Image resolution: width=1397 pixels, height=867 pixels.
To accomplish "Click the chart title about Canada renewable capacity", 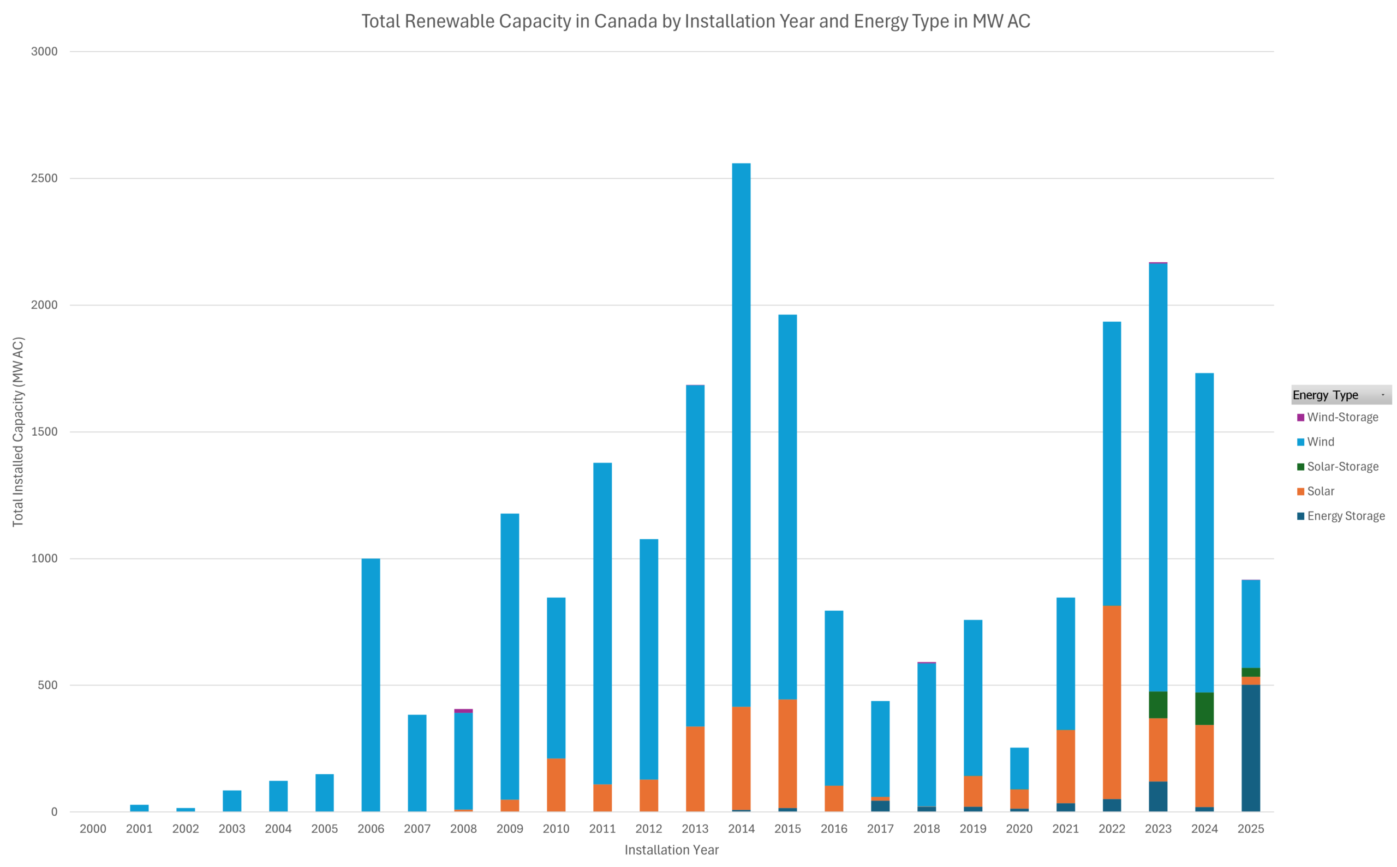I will [695, 21].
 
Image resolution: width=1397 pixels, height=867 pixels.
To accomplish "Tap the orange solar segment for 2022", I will [1111, 702].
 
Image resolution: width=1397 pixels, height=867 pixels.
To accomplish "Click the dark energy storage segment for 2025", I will [1250, 748].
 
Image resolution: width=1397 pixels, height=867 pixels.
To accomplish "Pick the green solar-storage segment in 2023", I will [1158, 705].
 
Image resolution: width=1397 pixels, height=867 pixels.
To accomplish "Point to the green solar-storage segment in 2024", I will [1204, 709].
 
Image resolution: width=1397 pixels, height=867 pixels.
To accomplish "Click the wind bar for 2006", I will [371, 685].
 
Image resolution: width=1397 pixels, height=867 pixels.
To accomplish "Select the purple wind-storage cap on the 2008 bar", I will [463, 711].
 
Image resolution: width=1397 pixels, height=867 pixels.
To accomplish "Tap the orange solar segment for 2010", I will [556, 785].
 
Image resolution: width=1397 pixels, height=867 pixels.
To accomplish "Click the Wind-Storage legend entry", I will [1342, 418].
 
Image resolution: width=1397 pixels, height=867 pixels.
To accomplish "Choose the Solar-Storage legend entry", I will [1342, 467].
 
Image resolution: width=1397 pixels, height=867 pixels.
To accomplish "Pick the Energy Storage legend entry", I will [1345, 516].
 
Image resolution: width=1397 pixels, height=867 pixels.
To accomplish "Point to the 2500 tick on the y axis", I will [44, 178].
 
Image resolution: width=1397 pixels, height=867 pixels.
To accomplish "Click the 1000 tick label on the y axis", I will [44, 558].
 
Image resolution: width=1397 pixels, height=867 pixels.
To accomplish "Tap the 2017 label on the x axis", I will [880, 829].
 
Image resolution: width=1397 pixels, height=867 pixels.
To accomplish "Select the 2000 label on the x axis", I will [93, 829].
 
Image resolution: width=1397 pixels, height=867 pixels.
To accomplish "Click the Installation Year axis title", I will [671, 850].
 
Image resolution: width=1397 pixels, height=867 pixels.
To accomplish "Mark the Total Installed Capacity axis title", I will [19, 431].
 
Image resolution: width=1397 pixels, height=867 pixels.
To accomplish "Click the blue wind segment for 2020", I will [1019, 768].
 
